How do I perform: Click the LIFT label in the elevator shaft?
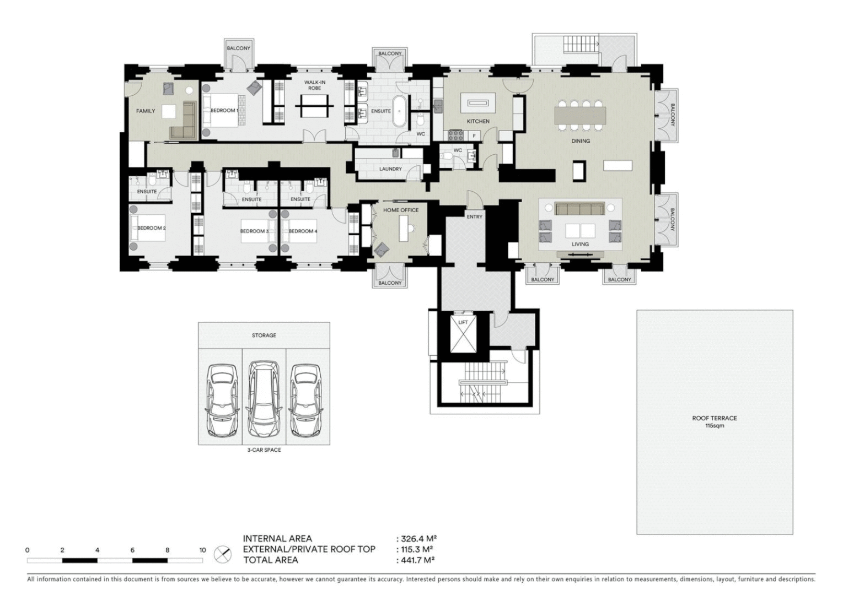click(463, 322)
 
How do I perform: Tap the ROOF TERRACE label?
click(714, 418)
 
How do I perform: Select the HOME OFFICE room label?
click(401, 210)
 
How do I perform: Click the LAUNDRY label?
click(390, 169)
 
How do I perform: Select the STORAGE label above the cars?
click(264, 335)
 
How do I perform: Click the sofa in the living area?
click(579, 209)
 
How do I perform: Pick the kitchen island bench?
click(478, 102)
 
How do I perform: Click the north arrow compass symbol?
click(223, 554)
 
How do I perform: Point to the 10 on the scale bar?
click(202, 550)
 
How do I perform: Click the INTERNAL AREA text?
click(277, 538)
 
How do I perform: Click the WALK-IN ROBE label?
click(315, 85)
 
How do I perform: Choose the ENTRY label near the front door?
click(474, 217)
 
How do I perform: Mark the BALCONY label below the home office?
click(390, 283)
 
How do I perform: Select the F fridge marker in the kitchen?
click(474, 136)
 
